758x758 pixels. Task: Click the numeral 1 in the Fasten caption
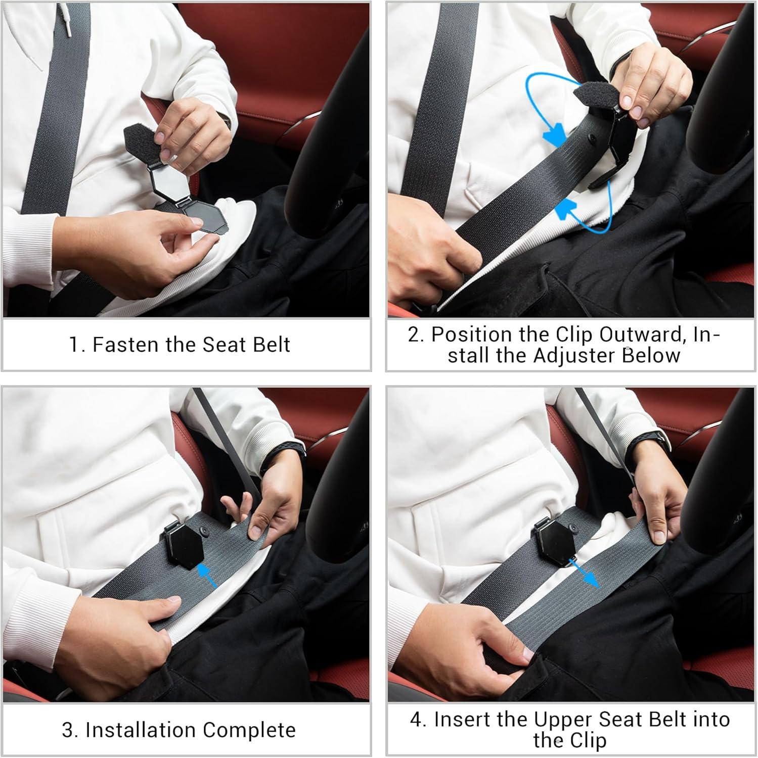74,345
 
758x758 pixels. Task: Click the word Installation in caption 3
140,730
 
